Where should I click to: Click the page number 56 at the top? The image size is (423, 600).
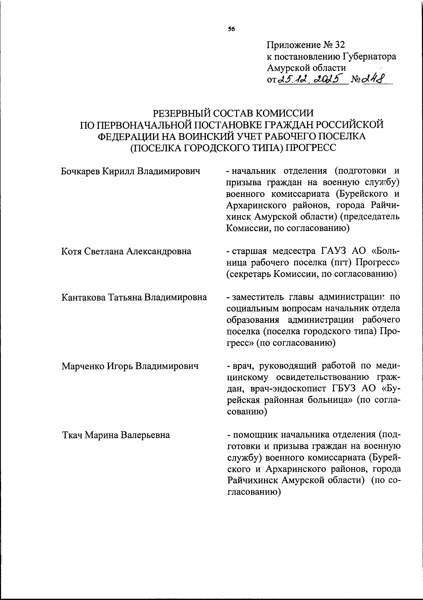pyautogui.click(x=231, y=29)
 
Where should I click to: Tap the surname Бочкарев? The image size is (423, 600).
pyautogui.click(x=80, y=172)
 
